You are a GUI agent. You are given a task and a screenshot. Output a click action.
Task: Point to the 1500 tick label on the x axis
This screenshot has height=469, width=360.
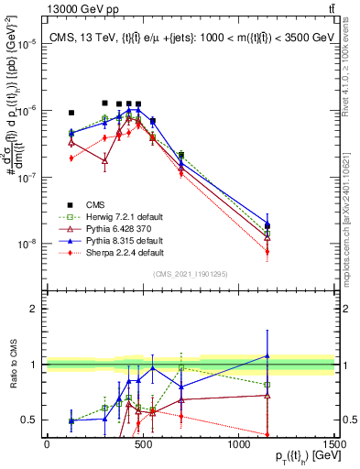[x=335, y=444]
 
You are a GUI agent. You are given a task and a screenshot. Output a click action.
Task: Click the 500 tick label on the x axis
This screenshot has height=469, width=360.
[x=143, y=444]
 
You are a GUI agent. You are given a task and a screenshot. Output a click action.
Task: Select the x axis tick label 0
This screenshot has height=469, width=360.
[x=47, y=444]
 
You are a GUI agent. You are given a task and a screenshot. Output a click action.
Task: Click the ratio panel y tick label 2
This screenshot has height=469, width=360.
[x=33, y=309]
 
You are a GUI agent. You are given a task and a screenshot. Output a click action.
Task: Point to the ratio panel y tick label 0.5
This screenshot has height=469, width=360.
[x=28, y=420]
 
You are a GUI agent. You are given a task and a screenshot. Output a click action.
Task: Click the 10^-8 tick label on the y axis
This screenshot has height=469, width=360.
[x=27, y=245]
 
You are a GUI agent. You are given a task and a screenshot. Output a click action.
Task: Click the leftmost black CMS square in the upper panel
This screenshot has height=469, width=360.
[x=71, y=113]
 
